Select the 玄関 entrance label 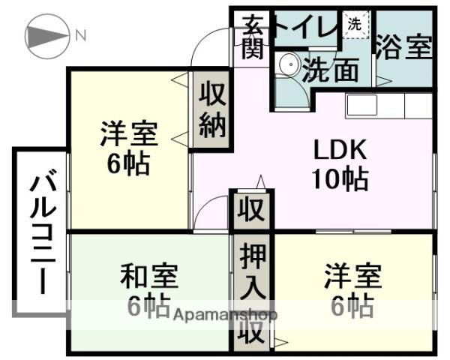coord(251,38)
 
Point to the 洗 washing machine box coord(354,23)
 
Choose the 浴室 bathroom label coord(406,47)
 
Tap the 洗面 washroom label coord(330,71)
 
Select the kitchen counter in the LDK coord(388,105)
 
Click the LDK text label coord(340,150)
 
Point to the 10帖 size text coord(340,178)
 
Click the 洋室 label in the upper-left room coord(128,136)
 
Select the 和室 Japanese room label coord(149,276)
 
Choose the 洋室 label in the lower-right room coord(352,276)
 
